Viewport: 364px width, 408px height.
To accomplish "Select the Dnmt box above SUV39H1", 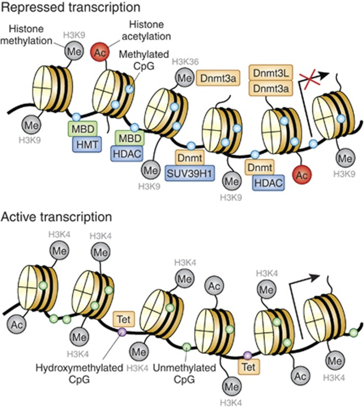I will pos(190,158).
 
